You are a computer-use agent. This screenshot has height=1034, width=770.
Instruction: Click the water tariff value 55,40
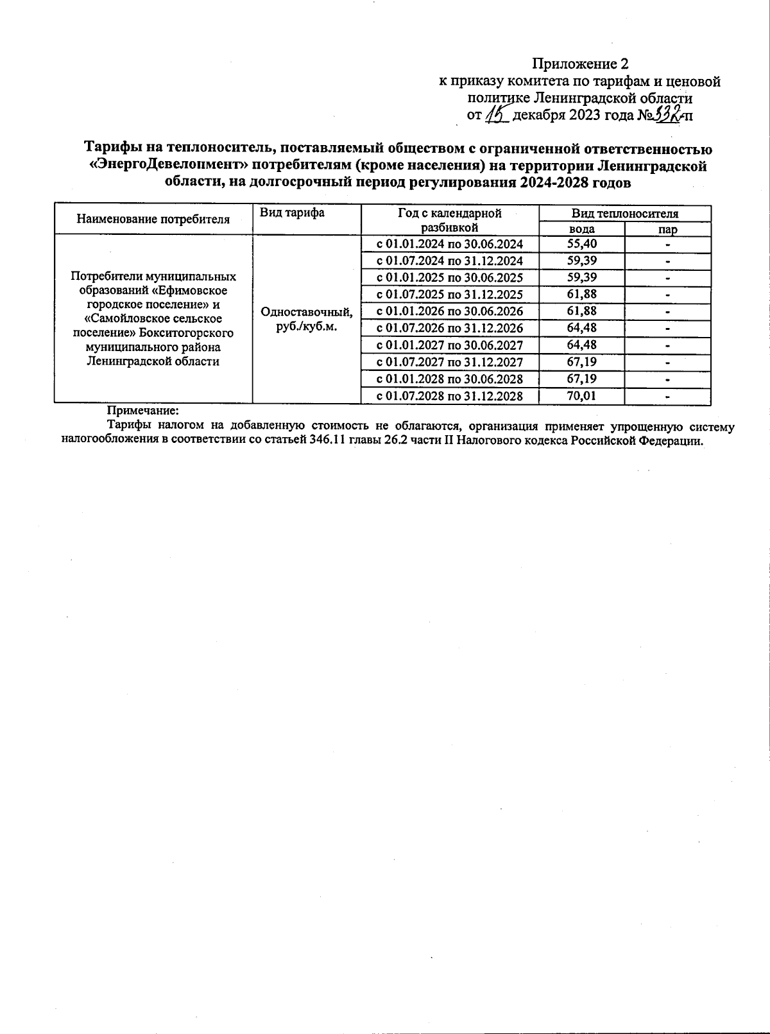point(582,244)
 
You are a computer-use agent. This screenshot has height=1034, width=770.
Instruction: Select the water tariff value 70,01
point(582,395)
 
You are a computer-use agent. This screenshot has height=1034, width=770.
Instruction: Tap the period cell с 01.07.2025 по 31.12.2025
point(450,295)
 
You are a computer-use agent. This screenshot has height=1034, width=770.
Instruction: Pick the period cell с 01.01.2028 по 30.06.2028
point(450,379)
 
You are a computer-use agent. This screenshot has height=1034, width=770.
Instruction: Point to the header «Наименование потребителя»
point(153,220)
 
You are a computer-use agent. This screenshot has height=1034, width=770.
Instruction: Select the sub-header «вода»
point(582,229)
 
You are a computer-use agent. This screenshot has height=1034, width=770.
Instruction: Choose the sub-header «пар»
point(667,229)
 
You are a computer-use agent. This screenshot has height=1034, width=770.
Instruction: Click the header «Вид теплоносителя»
point(625,214)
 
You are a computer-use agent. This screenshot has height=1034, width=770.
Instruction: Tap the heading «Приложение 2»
point(580,64)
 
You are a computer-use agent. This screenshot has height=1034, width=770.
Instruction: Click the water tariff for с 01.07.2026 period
point(582,328)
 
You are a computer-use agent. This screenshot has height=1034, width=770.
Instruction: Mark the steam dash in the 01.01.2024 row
point(667,245)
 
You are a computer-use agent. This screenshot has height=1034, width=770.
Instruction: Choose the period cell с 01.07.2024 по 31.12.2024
point(450,261)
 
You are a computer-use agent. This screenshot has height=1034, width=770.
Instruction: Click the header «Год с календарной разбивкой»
point(450,220)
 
